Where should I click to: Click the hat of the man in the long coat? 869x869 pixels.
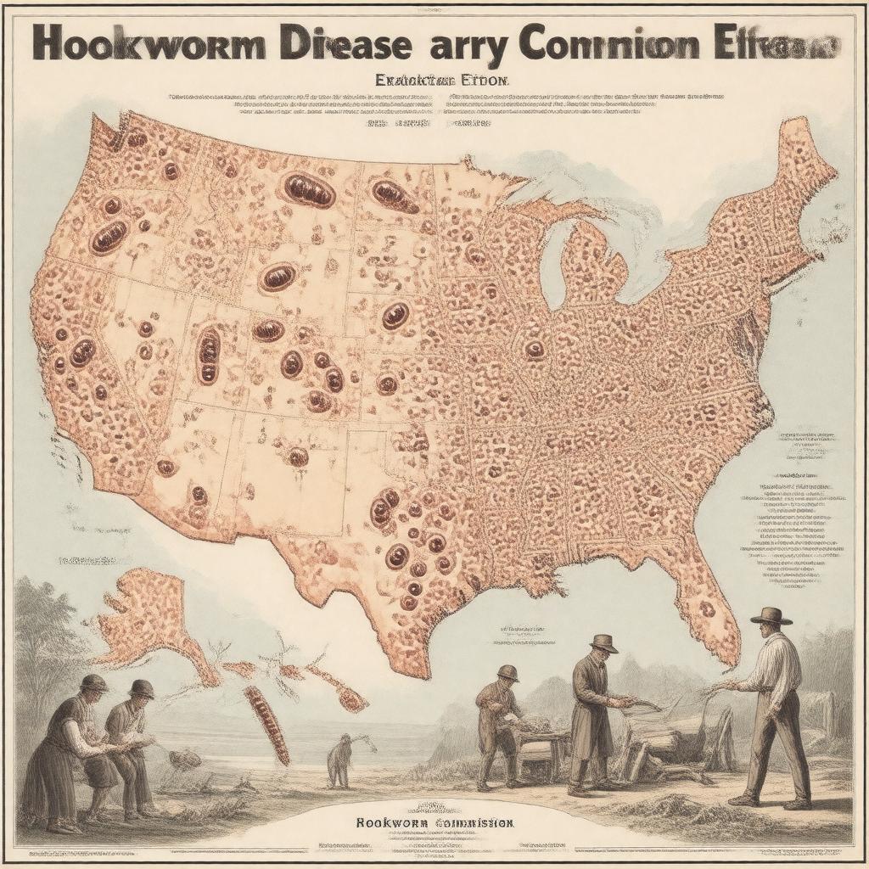[604, 643]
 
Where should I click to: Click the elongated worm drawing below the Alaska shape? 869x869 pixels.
[266, 723]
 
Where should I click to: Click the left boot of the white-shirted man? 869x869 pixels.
[745, 798]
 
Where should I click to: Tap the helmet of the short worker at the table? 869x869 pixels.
[508, 673]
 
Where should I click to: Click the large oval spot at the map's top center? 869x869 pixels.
[309, 190]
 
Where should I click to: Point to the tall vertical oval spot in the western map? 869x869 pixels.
[208, 355]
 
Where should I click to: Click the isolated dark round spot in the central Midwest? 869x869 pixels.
[535, 349]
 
